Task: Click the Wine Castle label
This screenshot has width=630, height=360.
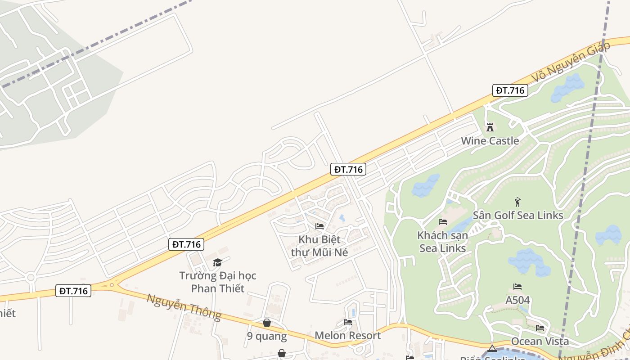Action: [x=490, y=141]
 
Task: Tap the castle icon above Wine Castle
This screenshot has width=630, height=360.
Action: [x=490, y=127]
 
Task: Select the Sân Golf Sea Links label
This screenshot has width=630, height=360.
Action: [x=517, y=215]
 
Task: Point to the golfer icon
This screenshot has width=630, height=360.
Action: [x=518, y=202]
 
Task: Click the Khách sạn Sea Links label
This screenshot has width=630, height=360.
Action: [x=443, y=242]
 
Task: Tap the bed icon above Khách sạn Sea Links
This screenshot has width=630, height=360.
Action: [x=443, y=222]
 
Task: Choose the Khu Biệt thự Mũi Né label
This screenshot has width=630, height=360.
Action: [x=319, y=246]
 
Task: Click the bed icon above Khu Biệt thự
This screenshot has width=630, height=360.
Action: [x=319, y=226]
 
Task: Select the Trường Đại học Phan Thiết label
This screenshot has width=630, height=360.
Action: [x=218, y=282]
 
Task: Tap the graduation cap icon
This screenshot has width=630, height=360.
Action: [x=218, y=262]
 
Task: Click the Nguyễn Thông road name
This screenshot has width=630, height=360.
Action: [x=184, y=307]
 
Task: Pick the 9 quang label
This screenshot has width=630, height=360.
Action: [x=267, y=336]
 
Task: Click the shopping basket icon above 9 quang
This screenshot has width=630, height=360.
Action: [x=267, y=323]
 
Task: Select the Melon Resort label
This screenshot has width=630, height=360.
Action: [x=347, y=335]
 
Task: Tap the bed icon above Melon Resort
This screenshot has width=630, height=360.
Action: [x=348, y=322]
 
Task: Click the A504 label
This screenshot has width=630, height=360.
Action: [x=517, y=300]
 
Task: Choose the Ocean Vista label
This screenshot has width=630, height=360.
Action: [x=540, y=341]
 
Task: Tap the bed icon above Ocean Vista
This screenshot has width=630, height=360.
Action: [x=540, y=328]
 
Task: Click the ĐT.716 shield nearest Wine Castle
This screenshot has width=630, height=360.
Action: [x=510, y=90]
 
